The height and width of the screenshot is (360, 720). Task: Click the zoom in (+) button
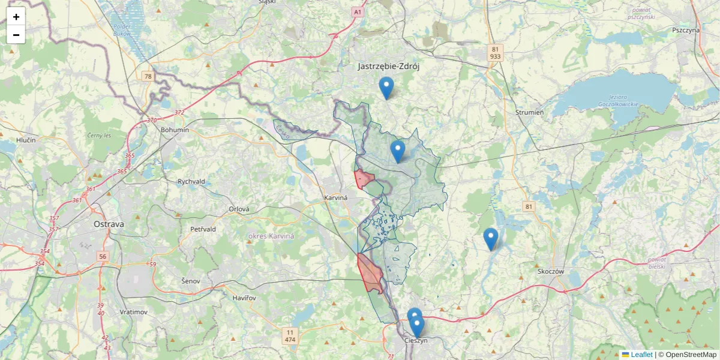(16, 17)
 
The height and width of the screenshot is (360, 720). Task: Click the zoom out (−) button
(16, 35)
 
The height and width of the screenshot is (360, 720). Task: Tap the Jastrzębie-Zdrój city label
(388, 66)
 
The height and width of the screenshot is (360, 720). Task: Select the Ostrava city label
(109, 224)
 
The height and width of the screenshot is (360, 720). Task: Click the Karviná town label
(336, 197)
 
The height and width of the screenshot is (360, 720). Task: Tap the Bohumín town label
(175, 130)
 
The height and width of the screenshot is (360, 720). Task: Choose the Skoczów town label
(551, 271)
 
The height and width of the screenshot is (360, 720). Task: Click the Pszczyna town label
(686, 30)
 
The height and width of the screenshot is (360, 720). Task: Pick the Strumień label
(529, 112)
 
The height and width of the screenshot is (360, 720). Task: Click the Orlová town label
(239, 209)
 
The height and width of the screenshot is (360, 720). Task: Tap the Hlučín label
(26, 140)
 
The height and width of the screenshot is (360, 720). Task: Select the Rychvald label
(191, 181)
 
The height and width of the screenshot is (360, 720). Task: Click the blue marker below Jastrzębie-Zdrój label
(386, 88)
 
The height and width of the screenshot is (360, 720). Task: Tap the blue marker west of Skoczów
(491, 239)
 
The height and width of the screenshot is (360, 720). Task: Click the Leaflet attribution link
(641, 355)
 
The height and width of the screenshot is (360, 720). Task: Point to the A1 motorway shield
(358, 11)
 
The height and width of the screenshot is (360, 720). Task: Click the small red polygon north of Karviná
(364, 179)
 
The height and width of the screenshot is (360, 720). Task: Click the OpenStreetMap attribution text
(691, 355)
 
